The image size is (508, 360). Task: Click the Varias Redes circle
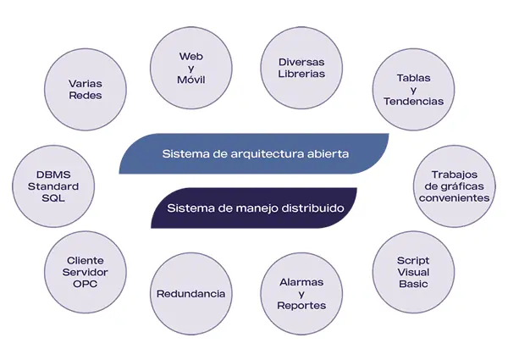(85, 89)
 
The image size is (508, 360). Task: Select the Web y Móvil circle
(191, 68)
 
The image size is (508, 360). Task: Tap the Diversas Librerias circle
(301, 68)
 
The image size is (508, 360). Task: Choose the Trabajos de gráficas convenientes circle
(454, 186)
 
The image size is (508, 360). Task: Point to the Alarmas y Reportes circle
(301, 293)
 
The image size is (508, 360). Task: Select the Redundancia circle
(191, 293)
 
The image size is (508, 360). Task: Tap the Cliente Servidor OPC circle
(86, 272)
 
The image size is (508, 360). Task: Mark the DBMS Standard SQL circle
(52, 186)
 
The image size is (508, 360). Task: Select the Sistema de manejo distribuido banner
(254, 208)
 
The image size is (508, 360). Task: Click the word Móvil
(191, 80)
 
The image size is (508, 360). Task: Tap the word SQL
(52, 197)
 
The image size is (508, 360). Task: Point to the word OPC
(86, 284)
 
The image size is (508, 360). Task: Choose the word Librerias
(301, 75)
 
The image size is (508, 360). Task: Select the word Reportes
(301, 305)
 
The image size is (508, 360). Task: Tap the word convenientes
(454, 197)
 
